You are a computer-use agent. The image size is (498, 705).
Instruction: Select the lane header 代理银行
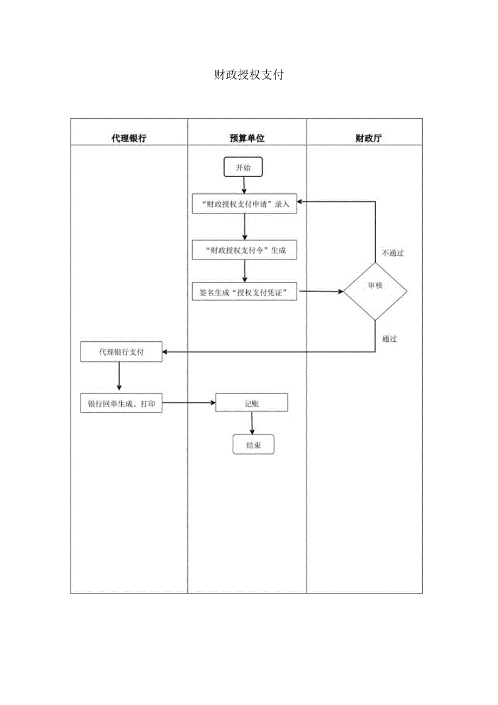[129, 138]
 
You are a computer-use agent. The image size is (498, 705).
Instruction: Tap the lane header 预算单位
[247, 138]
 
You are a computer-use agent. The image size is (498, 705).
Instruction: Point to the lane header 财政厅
[368, 138]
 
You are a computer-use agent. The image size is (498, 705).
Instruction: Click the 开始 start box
[244, 167]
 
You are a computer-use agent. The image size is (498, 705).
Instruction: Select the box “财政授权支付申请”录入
[245, 204]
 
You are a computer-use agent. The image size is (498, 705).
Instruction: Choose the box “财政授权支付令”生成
[245, 250]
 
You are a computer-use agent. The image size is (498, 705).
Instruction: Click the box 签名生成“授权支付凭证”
[245, 292]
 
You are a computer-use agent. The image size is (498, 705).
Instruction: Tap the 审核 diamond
[375, 286]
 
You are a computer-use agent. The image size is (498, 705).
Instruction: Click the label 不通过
[392, 253]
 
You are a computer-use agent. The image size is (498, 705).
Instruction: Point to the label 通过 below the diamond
[389, 339]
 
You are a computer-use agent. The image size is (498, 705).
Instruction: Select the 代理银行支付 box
[121, 352]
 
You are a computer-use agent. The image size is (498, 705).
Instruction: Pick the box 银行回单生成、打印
[121, 403]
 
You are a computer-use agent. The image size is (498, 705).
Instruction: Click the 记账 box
[252, 403]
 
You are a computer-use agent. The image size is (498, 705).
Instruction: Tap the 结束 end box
[253, 445]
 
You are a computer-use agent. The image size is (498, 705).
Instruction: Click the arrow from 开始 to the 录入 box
[244, 186]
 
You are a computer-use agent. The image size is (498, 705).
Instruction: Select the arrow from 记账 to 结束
[252, 423]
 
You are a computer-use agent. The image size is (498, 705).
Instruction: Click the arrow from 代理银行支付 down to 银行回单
[119, 376]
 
